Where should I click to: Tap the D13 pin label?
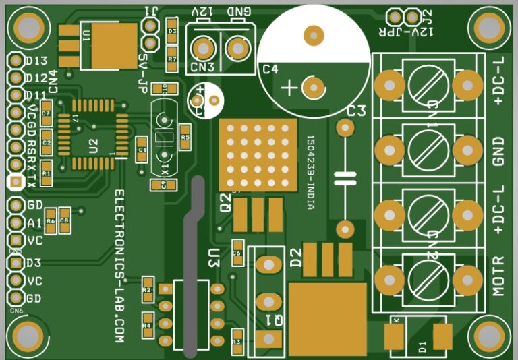(x=36, y=61)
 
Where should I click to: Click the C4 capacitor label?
(x=270, y=69)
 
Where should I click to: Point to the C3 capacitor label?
(x=355, y=111)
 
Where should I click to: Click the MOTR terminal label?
(x=498, y=276)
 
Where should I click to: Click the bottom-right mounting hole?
(x=490, y=334)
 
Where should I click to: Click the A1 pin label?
(x=34, y=222)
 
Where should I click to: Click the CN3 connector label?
(x=202, y=67)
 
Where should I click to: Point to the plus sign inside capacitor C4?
(x=289, y=88)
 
